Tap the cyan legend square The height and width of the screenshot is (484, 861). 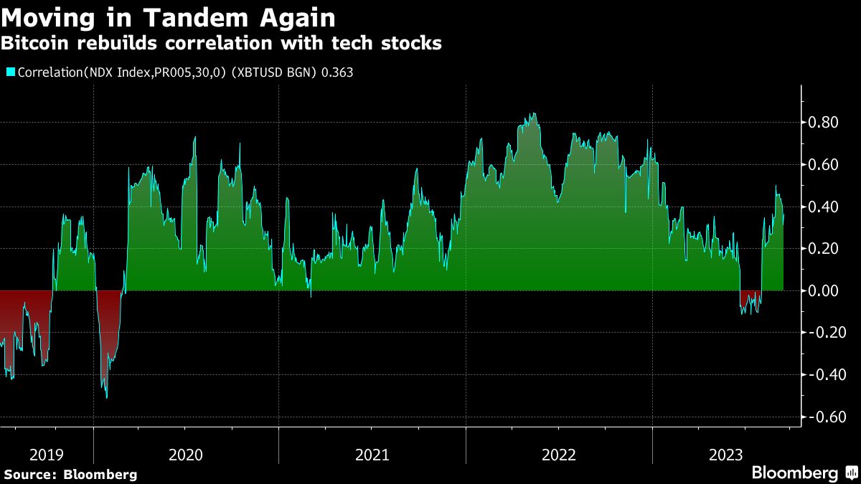point(10,72)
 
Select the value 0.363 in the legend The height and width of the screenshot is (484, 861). point(338,72)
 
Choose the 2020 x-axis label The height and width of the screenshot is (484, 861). point(185,455)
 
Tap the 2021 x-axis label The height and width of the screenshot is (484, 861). point(372,455)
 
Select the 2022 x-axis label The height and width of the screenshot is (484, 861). point(558,455)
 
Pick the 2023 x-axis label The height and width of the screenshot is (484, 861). point(725,455)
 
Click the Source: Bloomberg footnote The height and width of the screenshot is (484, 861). point(70,474)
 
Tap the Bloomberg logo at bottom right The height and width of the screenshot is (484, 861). point(794,473)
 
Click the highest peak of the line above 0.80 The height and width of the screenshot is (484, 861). point(532,113)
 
